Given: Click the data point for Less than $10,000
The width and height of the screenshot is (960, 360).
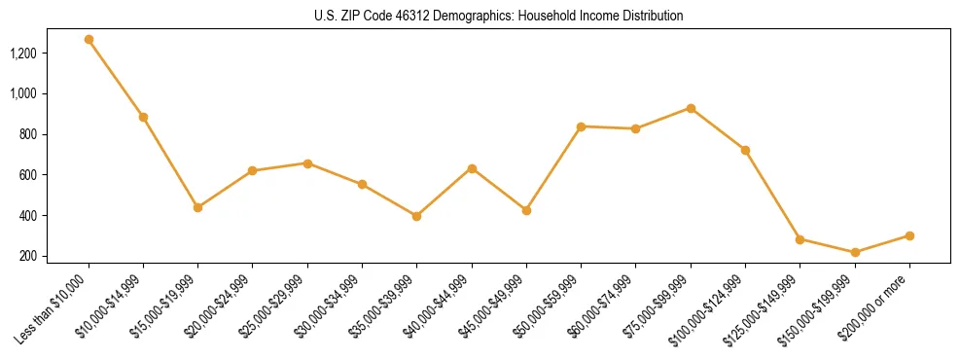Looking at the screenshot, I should coord(89,40).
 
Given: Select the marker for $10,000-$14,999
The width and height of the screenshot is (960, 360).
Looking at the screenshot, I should coord(143,117).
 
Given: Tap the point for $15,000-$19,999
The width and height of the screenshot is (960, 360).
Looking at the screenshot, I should coord(197,207).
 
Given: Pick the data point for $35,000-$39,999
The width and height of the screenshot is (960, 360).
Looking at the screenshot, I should coord(416,216).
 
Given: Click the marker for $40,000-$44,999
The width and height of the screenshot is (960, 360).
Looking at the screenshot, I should coord(472,168).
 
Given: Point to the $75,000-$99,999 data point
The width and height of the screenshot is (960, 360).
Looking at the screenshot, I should coord(691,108).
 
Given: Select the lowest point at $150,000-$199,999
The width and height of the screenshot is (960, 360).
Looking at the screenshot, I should coord(855,252).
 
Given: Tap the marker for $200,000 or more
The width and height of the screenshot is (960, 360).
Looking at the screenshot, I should coord(909,235).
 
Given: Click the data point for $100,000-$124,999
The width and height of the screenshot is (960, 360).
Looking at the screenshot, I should coord(745,150).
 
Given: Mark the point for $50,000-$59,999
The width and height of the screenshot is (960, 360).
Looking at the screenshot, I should coord(581,126).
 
